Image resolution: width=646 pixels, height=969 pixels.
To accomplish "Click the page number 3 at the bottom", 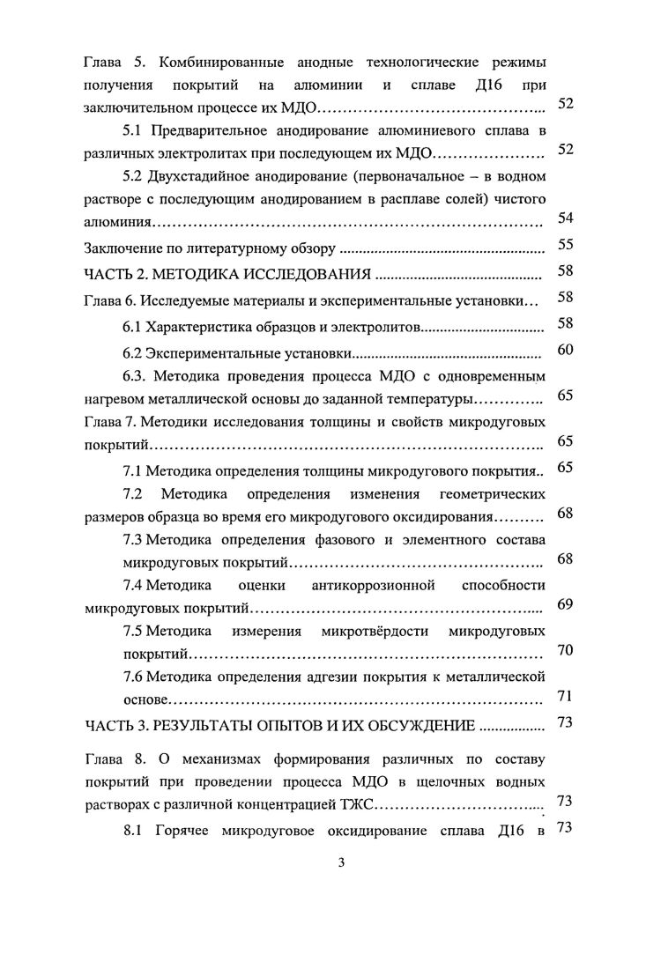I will tap(341, 862).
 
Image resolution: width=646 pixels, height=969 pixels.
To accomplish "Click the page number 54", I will tap(567, 218).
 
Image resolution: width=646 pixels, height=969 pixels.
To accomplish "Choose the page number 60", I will tap(567, 351).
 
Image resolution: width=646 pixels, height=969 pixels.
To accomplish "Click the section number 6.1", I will tap(132, 328).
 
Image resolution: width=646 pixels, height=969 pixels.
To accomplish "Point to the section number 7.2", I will tap(133, 491).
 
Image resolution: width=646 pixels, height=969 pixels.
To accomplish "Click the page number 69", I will tap(567, 603).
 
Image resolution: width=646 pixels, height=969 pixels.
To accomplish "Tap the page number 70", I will tap(567, 651).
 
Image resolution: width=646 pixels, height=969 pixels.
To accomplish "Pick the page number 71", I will tap(567, 697).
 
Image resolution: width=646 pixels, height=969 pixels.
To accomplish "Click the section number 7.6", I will tap(132, 677).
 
